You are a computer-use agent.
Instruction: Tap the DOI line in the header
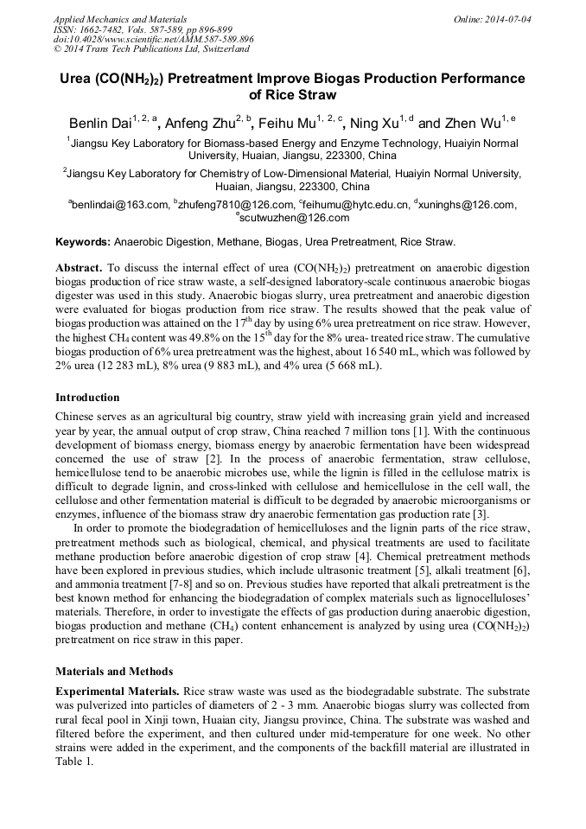point(154,40)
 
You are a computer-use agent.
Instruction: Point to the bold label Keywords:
point(83,242)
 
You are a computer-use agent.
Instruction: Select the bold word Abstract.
point(79,268)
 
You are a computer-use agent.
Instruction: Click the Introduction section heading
point(87,398)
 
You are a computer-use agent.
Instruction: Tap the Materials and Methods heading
point(114,671)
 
